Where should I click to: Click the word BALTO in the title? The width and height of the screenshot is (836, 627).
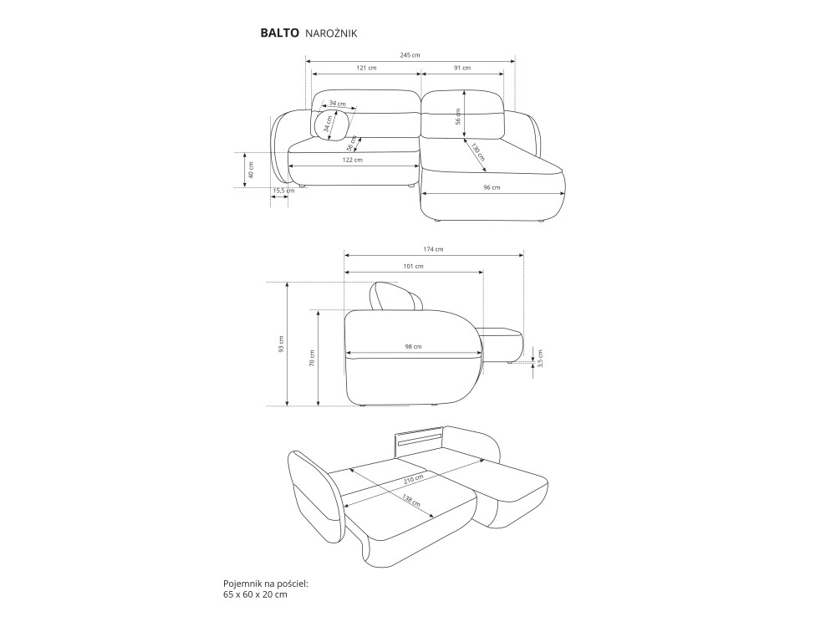click(279, 33)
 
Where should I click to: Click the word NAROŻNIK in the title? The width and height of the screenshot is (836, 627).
click(331, 33)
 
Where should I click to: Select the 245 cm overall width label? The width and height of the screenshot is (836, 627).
click(410, 55)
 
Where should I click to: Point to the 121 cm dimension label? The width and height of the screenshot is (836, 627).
click(366, 68)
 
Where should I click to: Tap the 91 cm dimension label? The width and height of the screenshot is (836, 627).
click(462, 68)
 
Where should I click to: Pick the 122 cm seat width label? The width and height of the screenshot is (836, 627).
click(353, 160)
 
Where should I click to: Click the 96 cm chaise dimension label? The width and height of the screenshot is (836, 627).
click(492, 187)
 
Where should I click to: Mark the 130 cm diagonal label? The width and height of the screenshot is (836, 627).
click(477, 152)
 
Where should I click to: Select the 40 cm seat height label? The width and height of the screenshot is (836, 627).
click(251, 170)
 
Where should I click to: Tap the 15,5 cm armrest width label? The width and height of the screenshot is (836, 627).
click(283, 191)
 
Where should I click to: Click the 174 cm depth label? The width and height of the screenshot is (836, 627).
click(433, 249)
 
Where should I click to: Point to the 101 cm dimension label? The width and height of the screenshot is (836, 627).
click(413, 266)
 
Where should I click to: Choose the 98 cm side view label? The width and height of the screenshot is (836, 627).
click(413, 346)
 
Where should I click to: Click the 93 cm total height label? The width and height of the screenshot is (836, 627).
click(282, 344)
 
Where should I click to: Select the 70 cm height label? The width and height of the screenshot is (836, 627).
click(313, 358)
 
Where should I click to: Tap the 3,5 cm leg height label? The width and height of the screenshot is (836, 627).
click(540, 359)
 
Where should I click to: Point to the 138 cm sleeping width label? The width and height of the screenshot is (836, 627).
click(410, 501)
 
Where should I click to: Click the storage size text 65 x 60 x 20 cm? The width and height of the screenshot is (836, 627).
click(255, 594)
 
